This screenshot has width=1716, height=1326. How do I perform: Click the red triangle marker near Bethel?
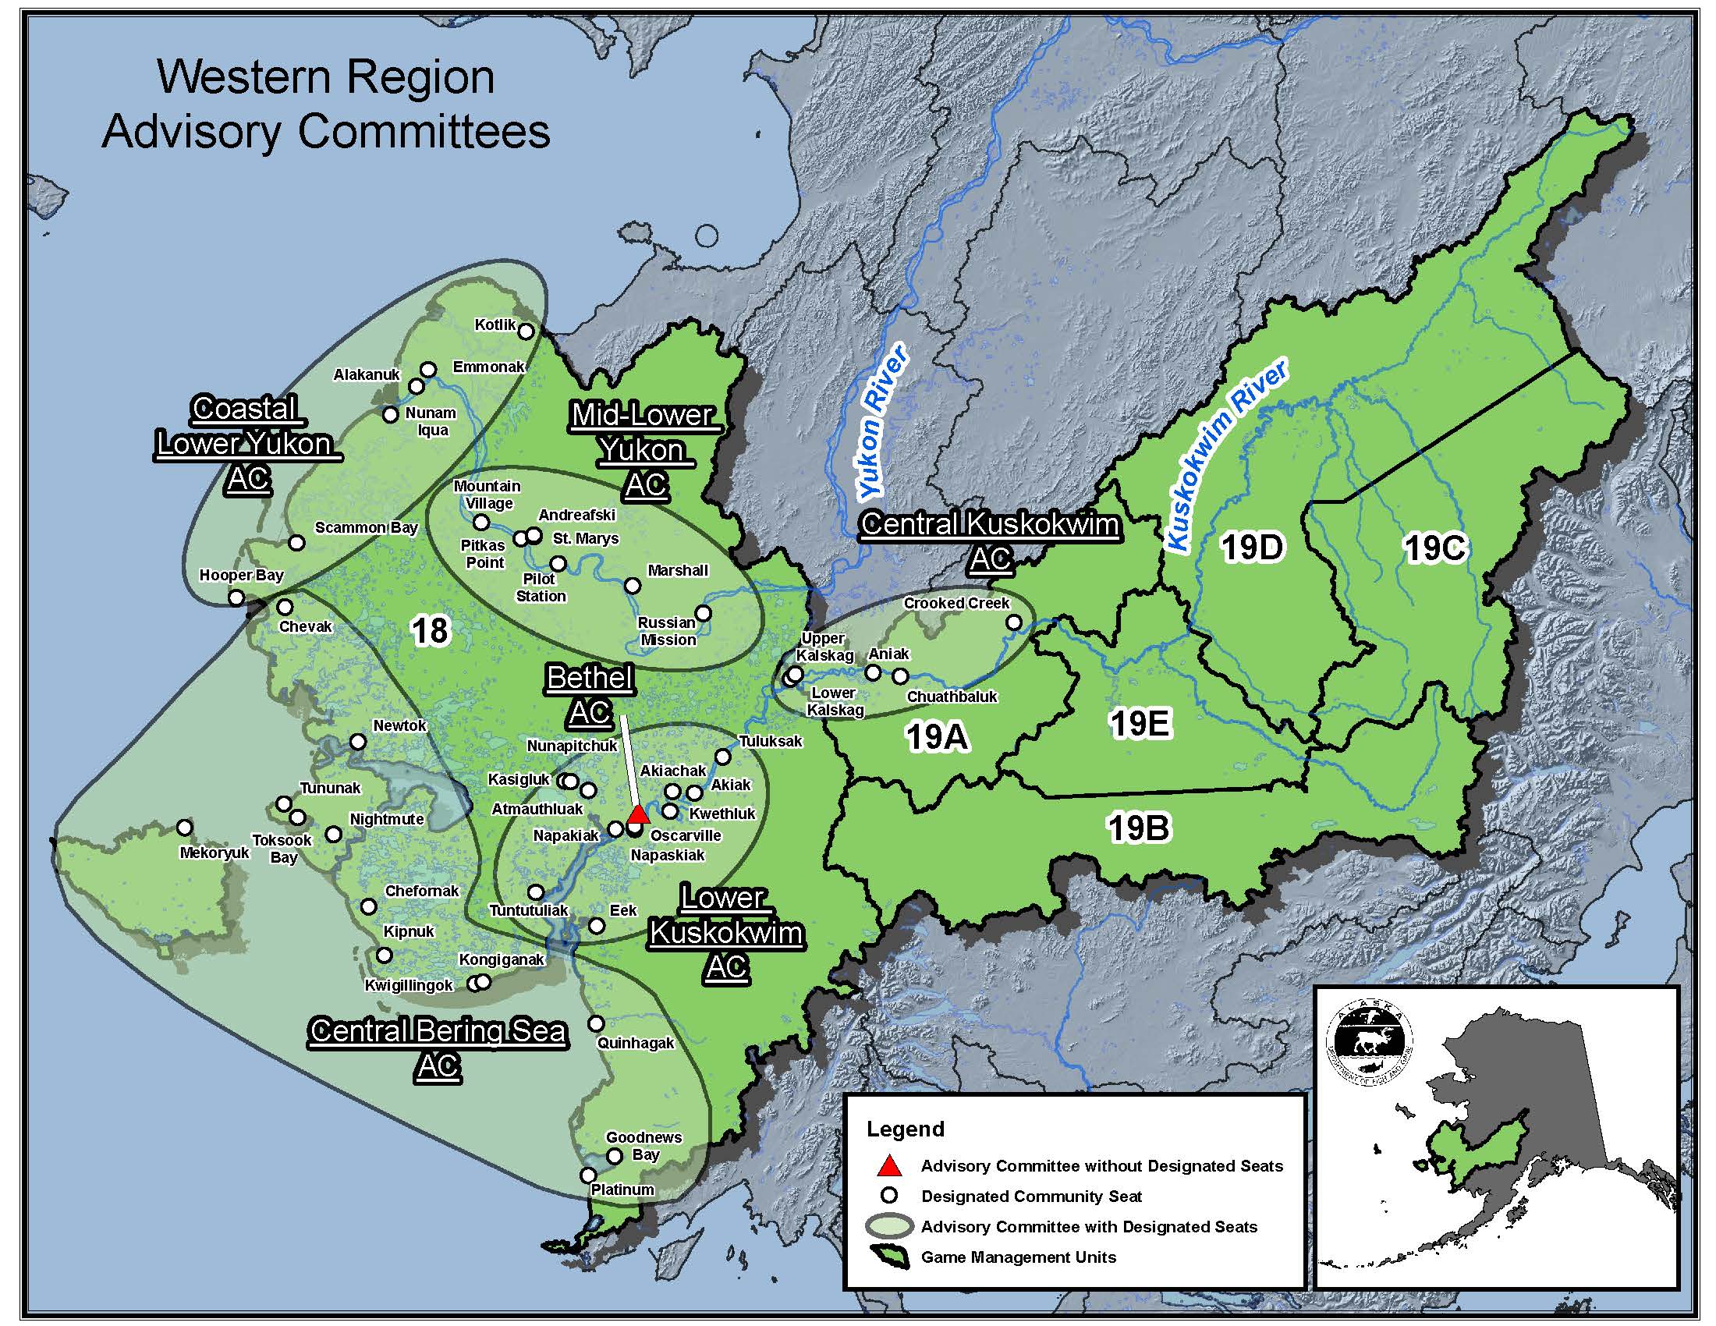coord(638,814)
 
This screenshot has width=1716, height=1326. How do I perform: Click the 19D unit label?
coord(1253,548)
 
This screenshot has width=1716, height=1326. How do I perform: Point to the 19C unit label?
coord(1434,548)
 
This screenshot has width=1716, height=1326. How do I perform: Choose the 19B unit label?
coord(1139,827)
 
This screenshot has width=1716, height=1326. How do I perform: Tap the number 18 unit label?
coord(430,631)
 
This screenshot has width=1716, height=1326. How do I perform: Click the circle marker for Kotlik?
coord(526,331)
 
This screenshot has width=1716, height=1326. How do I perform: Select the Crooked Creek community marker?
coord(1014,622)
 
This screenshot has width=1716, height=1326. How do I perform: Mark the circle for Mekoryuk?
coord(185,827)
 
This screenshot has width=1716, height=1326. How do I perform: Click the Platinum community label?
coord(622,1189)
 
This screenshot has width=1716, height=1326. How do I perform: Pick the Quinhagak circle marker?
coord(597,1023)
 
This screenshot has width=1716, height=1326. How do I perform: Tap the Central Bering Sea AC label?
coord(438,1048)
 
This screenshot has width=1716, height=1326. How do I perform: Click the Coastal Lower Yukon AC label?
coord(246,444)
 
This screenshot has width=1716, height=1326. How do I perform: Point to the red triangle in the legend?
coord(888,1166)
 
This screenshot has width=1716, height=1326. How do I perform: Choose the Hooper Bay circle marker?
coord(236,598)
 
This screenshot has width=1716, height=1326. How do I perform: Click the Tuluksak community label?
coord(770,741)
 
